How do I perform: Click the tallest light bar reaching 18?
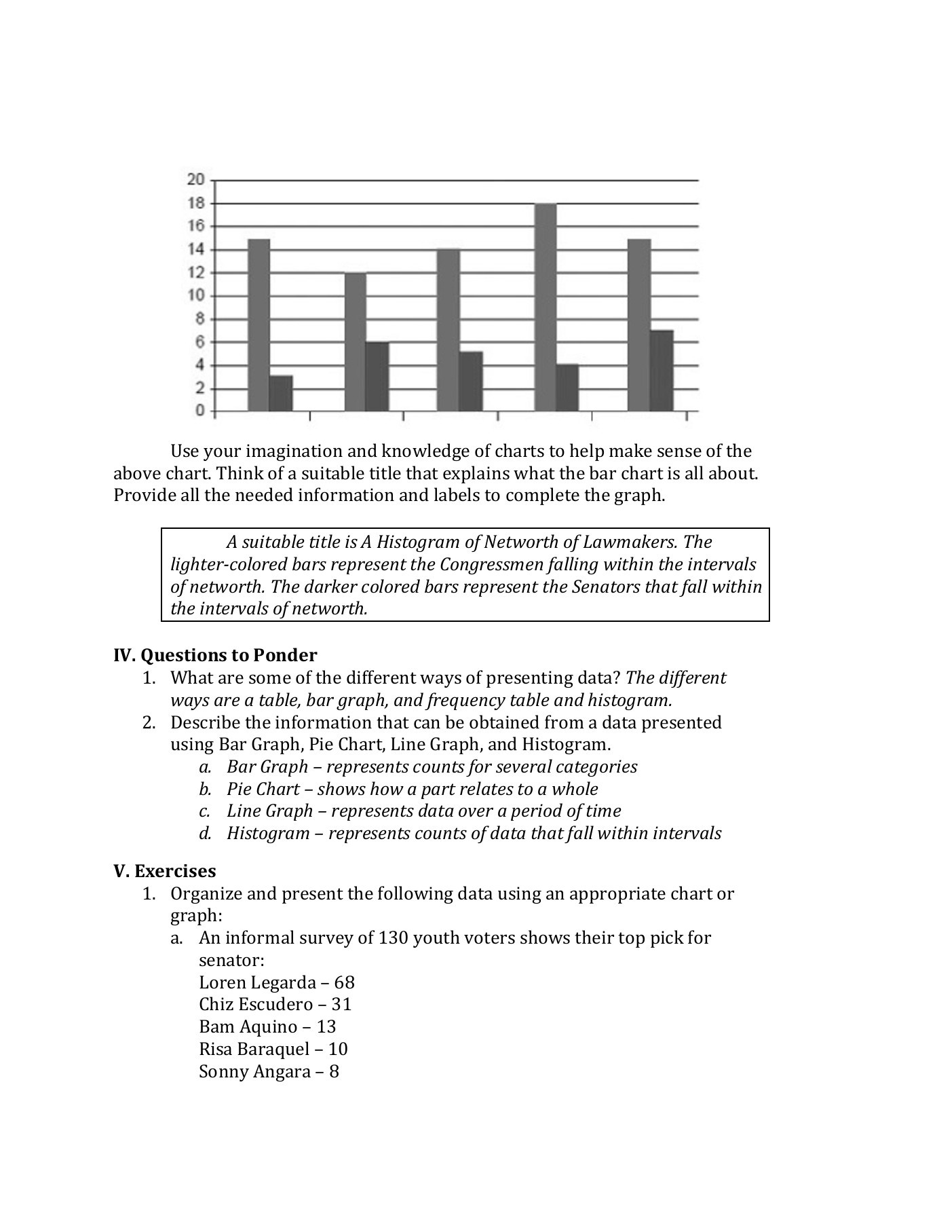[x=546, y=307]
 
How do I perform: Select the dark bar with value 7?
[x=662, y=371]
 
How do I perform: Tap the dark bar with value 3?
[x=281, y=393]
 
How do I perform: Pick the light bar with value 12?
[x=356, y=341]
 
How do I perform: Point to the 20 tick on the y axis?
[x=195, y=180]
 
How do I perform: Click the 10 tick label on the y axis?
[x=195, y=295]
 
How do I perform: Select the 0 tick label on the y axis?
[x=199, y=410]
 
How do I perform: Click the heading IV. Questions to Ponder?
[x=215, y=655]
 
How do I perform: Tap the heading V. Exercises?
[x=165, y=871]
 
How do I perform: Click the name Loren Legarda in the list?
[x=257, y=982]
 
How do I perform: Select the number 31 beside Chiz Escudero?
[x=341, y=1004]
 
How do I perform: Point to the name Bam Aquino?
[x=248, y=1026]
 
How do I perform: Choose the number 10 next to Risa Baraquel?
[x=337, y=1049]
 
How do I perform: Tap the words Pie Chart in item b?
[x=263, y=789]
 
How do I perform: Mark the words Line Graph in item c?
[x=269, y=811]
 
